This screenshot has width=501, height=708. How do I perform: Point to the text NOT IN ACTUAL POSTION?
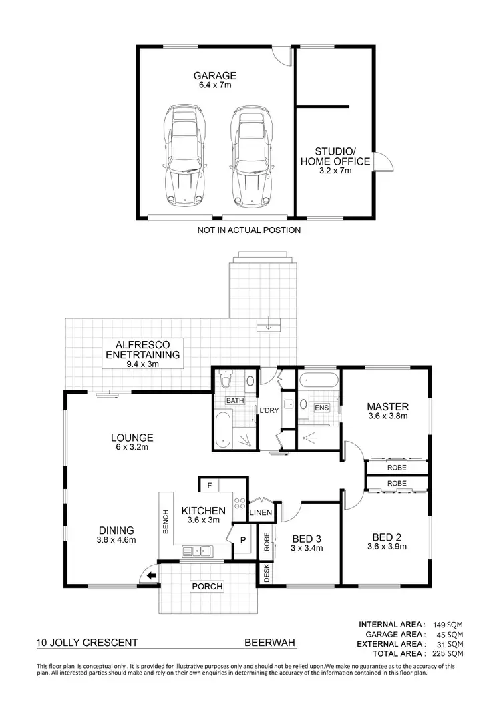coord(249,230)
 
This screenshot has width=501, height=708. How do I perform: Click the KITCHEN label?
coord(203,515)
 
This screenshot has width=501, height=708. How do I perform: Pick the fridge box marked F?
coord(209,486)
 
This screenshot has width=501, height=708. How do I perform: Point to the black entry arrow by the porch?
coord(152,575)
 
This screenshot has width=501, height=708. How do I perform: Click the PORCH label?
coord(206,587)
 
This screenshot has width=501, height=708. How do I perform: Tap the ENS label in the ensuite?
coord(321,407)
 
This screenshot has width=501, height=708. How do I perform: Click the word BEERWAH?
coord(270,643)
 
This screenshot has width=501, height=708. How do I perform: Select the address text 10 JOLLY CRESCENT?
coord(88,643)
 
